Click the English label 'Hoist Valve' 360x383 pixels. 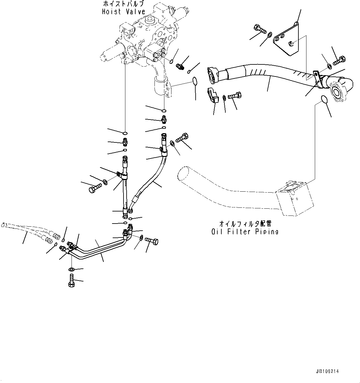(x=124, y=12)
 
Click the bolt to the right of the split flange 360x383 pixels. (x=236, y=96)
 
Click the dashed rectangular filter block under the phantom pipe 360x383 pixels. (x=294, y=200)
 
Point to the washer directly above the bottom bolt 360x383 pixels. (x=72, y=269)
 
